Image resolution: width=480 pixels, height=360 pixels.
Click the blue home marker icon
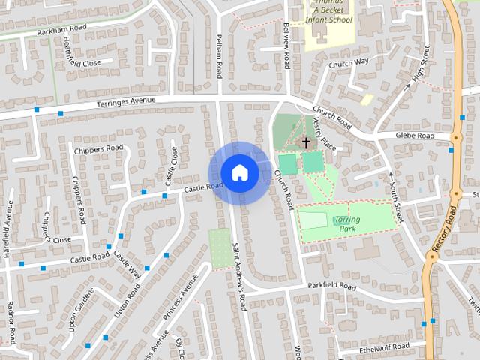(239, 172)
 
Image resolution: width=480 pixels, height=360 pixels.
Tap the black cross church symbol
(305, 141)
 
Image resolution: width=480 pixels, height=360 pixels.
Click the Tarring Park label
(347, 223)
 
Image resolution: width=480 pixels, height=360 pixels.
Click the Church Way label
(349, 62)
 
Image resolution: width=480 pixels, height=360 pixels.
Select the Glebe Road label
(415, 136)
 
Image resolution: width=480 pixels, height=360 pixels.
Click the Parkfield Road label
(331, 286)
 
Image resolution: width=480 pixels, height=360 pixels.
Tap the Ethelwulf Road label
(384, 346)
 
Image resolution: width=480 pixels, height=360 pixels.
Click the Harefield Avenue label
(8, 229)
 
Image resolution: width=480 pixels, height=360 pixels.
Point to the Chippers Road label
(98, 148)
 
